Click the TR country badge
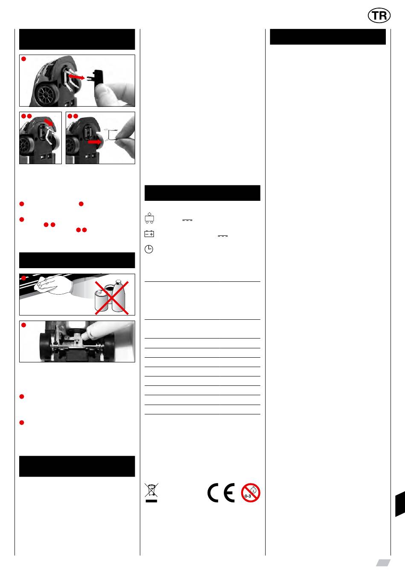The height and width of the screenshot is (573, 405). pyautogui.click(x=379, y=15)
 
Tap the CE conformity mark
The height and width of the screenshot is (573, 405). pyautogui.click(x=221, y=493)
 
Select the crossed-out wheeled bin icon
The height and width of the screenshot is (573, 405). pyautogui.click(x=151, y=492)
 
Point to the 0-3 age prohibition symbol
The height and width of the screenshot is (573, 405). pyautogui.click(x=251, y=493)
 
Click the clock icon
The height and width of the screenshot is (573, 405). pyautogui.click(x=149, y=249)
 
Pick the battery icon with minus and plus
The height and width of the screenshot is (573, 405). pyautogui.click(x=149, y=234)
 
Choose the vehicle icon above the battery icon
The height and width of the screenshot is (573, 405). pyautogui.click(x=149, y=218)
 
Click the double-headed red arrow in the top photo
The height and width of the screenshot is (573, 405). pyautogui.click(x=76, y=76)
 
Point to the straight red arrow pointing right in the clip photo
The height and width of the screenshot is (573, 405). pyautogui.click(x=94, y=142)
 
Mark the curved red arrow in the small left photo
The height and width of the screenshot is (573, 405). pyautogui.click(x=49, y=122)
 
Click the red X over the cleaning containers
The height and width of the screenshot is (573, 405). pyautogui.click(x=112, y=298)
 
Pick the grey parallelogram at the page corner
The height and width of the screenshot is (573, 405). pyautogui.click(x=383, y=562)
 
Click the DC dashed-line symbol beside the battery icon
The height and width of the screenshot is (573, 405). pyautogui.click(x=223, y=236)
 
